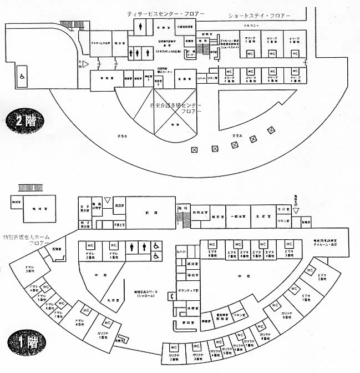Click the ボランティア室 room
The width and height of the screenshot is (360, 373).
[194, 289]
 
